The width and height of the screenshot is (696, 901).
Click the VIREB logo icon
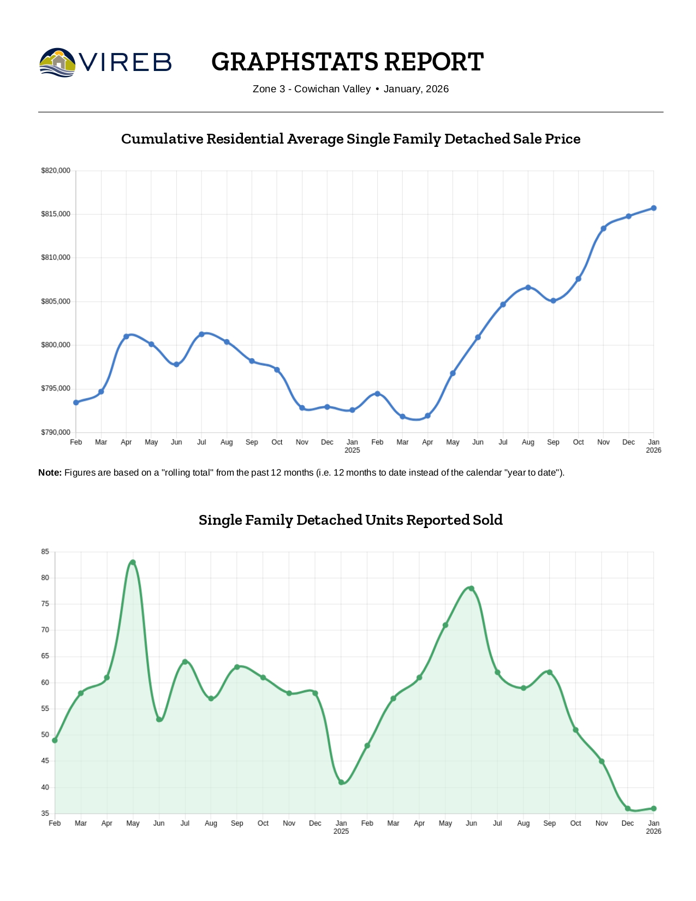[57, 62]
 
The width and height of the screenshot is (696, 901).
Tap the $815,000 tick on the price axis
[56, 214]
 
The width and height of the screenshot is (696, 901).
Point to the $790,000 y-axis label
[56, 432]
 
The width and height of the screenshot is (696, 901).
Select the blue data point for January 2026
[653, 208]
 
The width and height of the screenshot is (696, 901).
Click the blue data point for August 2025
[528, 287]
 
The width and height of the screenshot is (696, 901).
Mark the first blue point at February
[76, 402]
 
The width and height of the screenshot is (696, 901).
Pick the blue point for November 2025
[603, 228]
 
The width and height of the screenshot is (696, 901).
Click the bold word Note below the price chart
[50, 472]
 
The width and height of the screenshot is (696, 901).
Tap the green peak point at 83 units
[133, 562]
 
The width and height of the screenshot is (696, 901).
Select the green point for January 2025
[341, 783]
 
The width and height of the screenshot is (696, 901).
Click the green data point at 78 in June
[472, 589]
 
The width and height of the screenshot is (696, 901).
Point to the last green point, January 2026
[653, 809]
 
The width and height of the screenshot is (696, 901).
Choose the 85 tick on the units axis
[45, 552]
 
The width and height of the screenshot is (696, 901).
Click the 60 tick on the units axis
[45, 683]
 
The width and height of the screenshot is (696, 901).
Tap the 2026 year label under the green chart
[653, 832]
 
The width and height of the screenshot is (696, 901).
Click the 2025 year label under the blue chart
[352, 450]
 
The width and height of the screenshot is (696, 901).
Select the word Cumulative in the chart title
[162, 139]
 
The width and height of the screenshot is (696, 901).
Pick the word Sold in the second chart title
[489, 520]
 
